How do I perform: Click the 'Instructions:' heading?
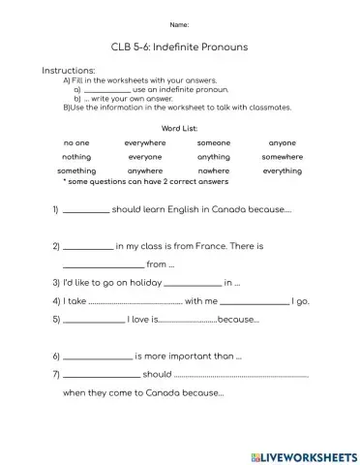click(x=69, y=71)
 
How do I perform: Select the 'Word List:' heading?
click(x=179, y=128)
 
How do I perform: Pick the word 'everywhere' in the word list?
click(x=145, y=142)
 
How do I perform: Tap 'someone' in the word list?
click(x=214, y=142)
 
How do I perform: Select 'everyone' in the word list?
click(x=145, y=156)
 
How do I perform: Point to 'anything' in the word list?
click(x=214, y=156)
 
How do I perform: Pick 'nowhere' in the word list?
click(x=214, y=170)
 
